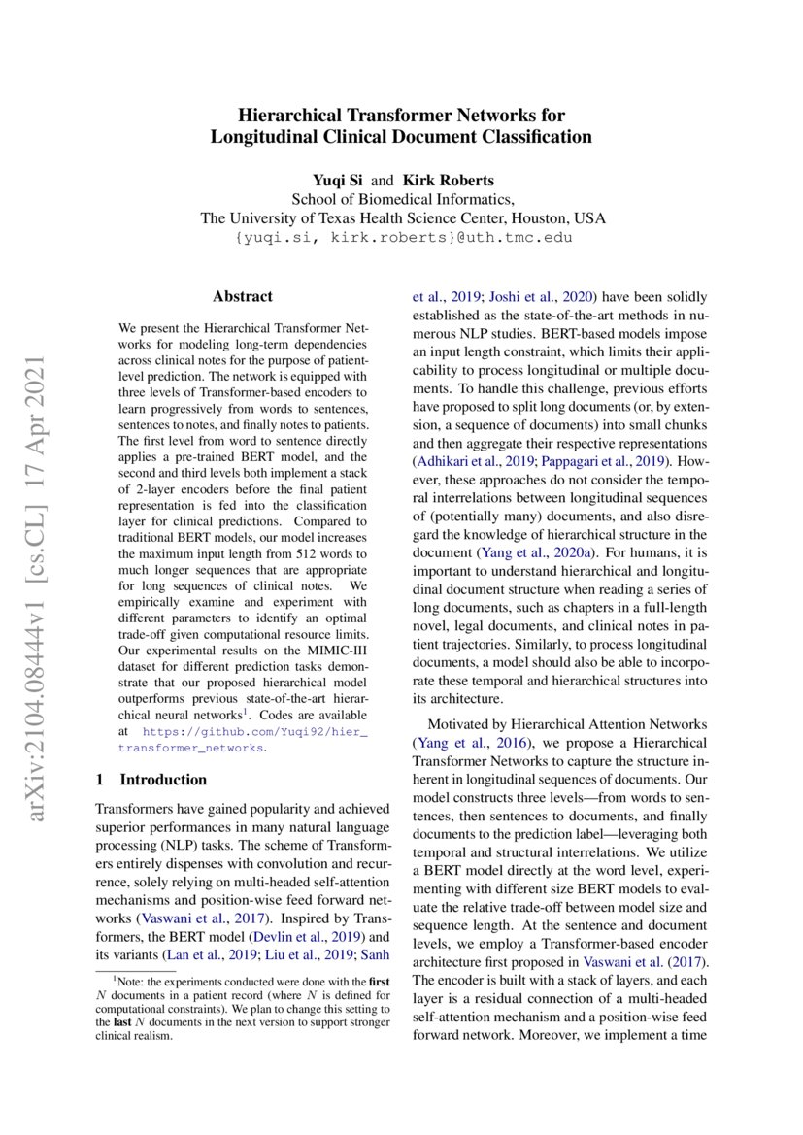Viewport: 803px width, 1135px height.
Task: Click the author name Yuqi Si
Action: point(335,181)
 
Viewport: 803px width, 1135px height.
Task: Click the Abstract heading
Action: point(243,296)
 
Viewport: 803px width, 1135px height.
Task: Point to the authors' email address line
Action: point(401,238)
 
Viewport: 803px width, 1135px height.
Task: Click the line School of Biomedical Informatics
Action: point(401,200)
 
